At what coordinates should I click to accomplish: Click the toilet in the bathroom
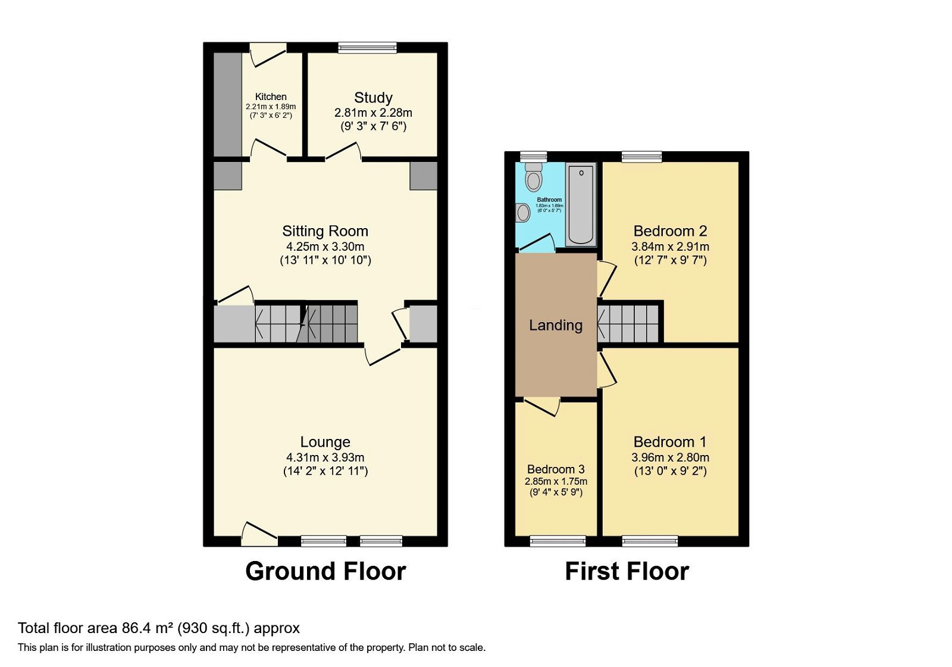click(534, 177)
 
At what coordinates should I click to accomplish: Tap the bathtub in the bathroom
click(581, 204)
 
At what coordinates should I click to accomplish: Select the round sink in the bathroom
click(523, 213)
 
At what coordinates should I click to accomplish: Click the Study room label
click(373, 98)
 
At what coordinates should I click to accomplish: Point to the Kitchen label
click(271, 96)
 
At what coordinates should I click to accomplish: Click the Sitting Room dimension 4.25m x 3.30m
click(325, 247)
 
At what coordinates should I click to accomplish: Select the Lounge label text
click(325, 442)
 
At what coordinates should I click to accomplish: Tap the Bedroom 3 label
click(556, 469)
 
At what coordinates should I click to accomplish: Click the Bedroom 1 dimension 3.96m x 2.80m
click(670, 457)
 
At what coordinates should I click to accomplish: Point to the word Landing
click(556, 325)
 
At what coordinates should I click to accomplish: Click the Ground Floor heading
click(325, 571)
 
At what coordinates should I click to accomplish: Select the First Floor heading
click(627, 571)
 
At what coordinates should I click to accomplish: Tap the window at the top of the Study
click(367, 48)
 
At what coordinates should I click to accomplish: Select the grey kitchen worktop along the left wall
click(227, 105)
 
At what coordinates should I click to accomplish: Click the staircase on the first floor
click(630, 323)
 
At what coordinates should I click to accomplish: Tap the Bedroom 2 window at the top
click(641, 157)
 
